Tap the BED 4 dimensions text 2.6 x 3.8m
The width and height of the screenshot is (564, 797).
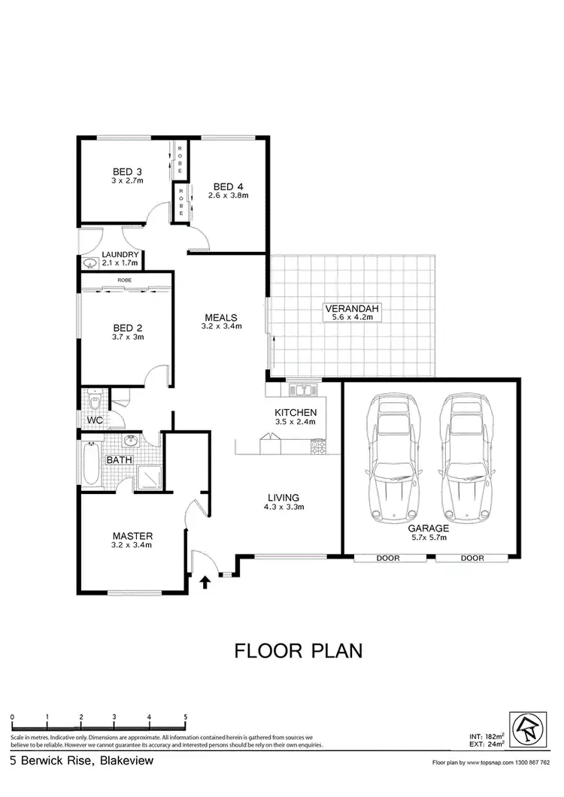pyautogui.click(x=228, y=195)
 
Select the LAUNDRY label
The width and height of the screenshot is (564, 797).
pyautogui.click(x=111, y=253)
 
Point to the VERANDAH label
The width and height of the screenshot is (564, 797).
pyautogui.click(x=352, y=308)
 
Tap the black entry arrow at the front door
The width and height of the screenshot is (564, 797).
pyautogui.click(x=205, y=580)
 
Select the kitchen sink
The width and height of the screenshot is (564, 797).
pyautogui.click(x=305, y=390)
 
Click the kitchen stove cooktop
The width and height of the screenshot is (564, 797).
pyautogui.click(x=319, y=446)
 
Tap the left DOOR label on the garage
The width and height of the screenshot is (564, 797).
pyautogui.click(x=390, y=559)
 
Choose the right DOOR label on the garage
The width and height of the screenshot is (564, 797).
pyautogui.click(x=472, y=559)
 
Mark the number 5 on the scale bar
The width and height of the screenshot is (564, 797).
pyautogui.click(x=185, y=717)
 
